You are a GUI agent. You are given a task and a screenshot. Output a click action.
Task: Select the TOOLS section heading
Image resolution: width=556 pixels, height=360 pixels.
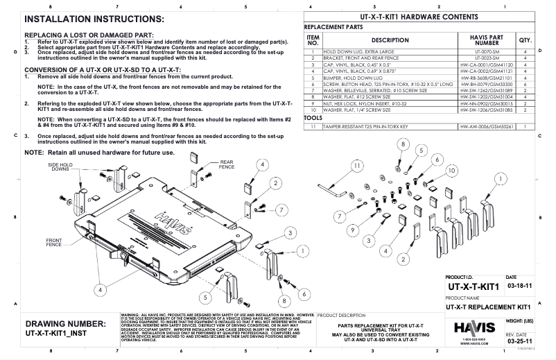point(313,118)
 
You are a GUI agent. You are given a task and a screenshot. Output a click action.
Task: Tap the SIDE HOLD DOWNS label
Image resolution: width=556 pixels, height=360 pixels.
point(60,166)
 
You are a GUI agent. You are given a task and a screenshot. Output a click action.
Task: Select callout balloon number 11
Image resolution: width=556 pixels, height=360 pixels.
point(357,166)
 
